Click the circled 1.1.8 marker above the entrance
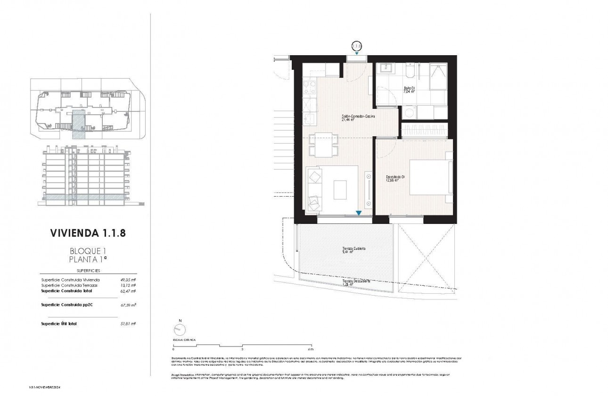point(357,46)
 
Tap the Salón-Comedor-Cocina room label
point(358,117)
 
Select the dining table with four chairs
point(323,145)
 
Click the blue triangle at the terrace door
point(359,214)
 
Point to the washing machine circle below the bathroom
point(407,113)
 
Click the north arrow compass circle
point(180,330)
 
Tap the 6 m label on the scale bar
point(310,350)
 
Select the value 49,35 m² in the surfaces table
point(127,280)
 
